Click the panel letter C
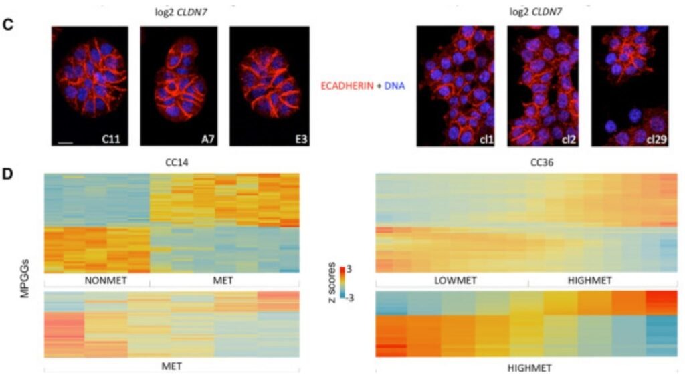pos(8,25)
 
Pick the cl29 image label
pos(656,139)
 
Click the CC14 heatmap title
pos(172,162)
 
